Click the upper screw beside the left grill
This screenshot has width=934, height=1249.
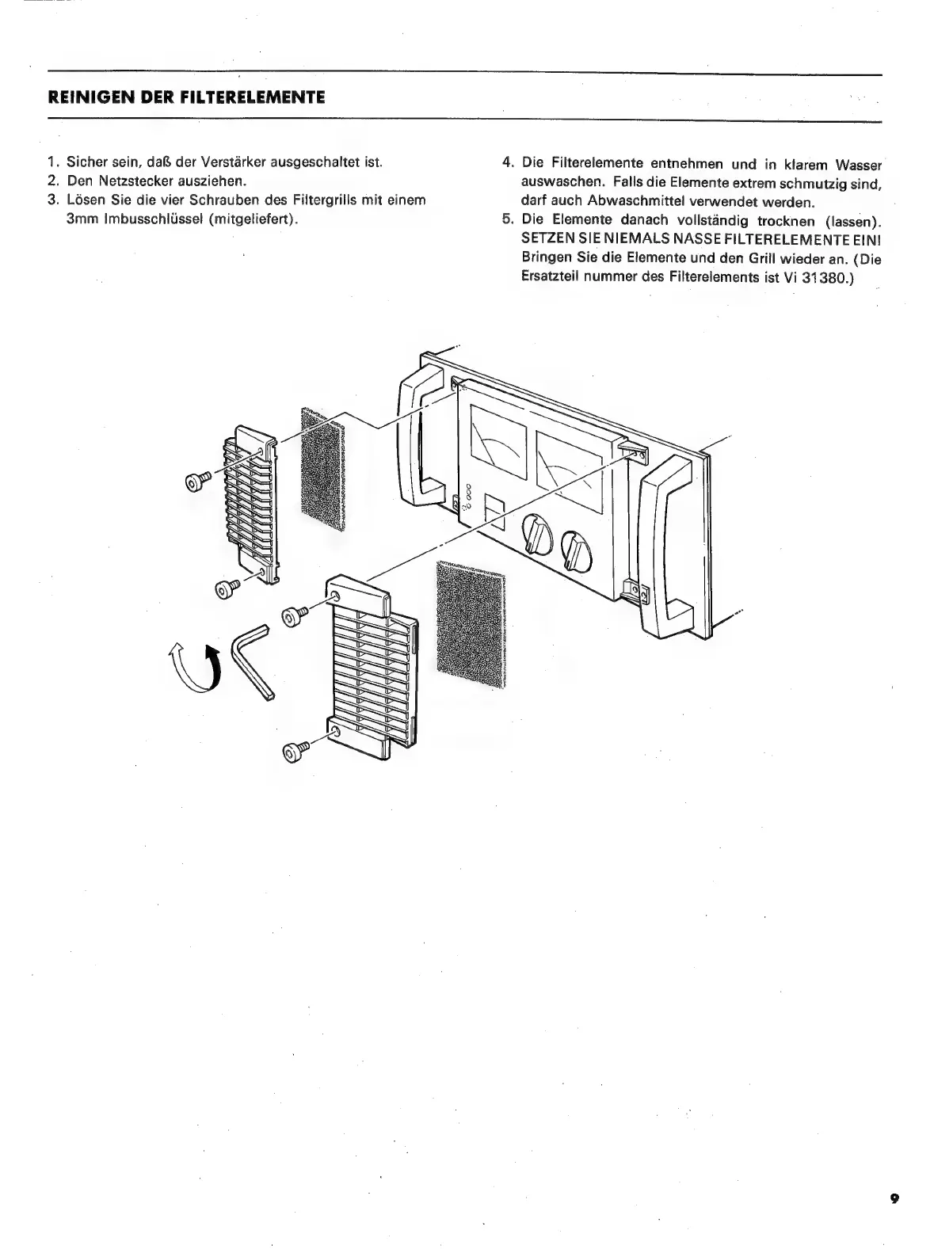196,481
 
